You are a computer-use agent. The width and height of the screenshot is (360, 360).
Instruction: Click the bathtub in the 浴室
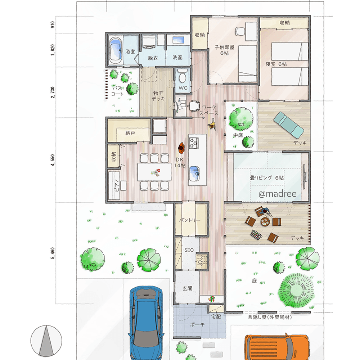click(115, 51)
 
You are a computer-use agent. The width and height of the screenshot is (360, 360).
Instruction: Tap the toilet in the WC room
click(183, 76)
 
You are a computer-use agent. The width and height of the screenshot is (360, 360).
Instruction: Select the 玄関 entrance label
click(187, 288)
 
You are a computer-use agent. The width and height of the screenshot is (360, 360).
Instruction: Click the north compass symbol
click(46, 341)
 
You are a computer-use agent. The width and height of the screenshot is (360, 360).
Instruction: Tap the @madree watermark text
click(277, 194)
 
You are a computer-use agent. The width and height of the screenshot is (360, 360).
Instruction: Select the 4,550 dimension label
click(53, 160)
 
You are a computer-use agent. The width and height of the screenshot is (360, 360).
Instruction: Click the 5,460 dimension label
click(53, 253)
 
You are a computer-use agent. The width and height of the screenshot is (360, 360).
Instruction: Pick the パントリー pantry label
click(190, 220)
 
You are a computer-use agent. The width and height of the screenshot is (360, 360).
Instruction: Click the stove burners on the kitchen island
click(194, 143)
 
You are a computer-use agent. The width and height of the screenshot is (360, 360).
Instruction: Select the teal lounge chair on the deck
click(289, 125)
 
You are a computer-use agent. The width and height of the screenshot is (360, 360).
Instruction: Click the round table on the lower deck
click(265, 221)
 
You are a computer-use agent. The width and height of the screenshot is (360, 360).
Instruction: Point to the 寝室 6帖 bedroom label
click(276, 64)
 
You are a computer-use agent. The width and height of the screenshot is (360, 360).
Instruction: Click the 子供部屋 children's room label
click(224, 47)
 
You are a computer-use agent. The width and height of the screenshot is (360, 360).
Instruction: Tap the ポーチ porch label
click(197, 325)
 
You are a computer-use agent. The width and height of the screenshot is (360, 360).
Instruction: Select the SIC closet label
click(189, 250)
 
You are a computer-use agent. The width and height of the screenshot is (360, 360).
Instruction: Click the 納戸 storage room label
click(130, 133)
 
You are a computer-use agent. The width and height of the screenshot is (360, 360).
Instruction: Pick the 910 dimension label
click(53, 25)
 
